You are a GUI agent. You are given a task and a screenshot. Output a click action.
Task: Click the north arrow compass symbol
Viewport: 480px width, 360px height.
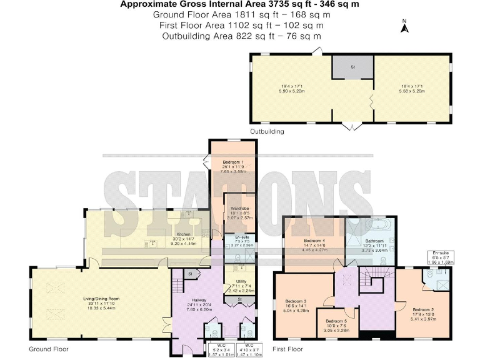point(404,26)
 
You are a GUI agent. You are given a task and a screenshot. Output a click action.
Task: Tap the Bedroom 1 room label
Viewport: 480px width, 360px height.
point(232,161)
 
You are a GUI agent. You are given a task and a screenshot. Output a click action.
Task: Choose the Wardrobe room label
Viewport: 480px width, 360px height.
point(240,208)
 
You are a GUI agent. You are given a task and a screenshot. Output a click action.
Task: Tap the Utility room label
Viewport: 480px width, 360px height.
point(239,282)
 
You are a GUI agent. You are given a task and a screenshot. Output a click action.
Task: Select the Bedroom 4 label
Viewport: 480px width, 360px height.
point(314,240)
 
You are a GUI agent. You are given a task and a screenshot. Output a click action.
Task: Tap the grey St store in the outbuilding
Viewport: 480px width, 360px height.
point(352,67)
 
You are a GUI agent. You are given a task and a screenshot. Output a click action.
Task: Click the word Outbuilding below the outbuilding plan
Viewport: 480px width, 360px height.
point(267,132)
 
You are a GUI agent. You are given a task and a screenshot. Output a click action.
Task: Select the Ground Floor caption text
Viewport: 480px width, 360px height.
point(49,349)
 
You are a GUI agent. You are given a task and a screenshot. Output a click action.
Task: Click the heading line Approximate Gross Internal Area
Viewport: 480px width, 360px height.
point(239,4)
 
